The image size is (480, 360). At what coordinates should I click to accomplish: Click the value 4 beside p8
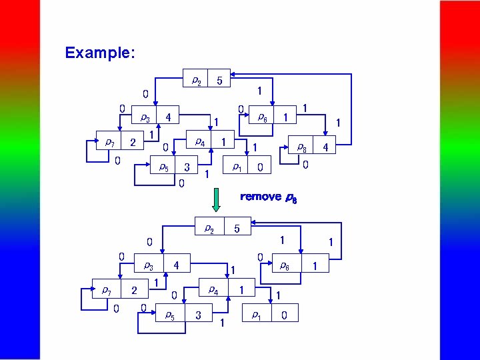click(326, 147)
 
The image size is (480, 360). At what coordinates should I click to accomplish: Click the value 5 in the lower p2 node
click(236, 229)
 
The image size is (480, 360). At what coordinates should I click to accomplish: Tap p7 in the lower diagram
click(106, 290)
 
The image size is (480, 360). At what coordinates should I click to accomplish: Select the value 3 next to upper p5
click(187, 167)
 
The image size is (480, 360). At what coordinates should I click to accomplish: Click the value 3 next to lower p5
click(199, 314)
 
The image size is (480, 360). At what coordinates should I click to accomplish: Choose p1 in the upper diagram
click(237, 167)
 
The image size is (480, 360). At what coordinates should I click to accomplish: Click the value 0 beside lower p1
click(285, 315)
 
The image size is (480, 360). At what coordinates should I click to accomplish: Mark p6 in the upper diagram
click(263, 117)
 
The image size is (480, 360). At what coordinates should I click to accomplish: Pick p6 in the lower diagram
click(283, 265)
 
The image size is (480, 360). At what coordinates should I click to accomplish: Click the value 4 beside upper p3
click(168, 117)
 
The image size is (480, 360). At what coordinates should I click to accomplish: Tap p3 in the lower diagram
click(148, 265)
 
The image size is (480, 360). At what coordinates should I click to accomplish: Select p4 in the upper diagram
click(199, 142)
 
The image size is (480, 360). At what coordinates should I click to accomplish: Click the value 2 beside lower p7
click(134, 290)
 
